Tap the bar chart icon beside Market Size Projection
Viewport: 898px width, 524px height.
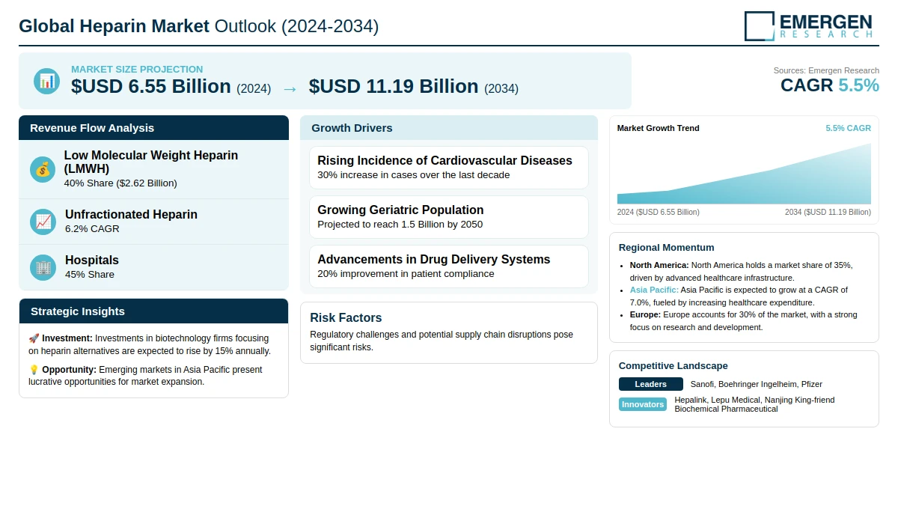pyautogui.click(x=46, y=81)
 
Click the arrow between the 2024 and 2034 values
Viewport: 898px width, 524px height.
pyautogui.click(x=290, y=89)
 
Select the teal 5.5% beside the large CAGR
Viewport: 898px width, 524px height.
pyautogui.click(x=858, y=85)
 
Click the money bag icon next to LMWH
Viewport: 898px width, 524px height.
pyautogui.click(x=43, y=170)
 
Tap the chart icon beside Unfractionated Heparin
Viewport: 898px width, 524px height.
pyautogui.click(x=43, y=222)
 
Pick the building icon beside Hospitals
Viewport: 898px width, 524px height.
pyautogui.click(x=43, y=267)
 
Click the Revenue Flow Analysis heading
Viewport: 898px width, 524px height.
pyautogui.click(x=92, y=128)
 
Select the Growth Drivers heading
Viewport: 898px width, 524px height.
pyautogui.click(x=352, y=128)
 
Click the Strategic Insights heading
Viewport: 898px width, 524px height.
pyautogui.click(x=77, y=311)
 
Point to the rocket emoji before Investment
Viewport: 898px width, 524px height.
pyautogui.click(x=34, y=338)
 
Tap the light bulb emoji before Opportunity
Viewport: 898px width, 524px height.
pyautogui.click(x=34, y=370)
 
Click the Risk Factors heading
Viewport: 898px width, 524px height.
pyautogui.click(x=346, y=317)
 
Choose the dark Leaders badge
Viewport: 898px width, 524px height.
pyautogui.click(x=650, y=384)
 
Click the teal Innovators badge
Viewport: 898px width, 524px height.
pyautogui.click(x=643, y=404)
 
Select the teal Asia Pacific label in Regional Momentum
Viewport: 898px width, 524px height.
pyautogui.click(x=654, y=290)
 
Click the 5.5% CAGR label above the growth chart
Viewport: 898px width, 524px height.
pyautogui.click(x=848, y=128)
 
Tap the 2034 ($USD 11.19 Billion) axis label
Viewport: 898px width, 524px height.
pyautogui.click(x=828, y=212)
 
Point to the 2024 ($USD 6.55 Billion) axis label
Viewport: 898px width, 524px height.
pyautogui.click(x=658, y=212)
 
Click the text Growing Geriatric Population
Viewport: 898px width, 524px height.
pyautogui.click(x=400, y=210)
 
